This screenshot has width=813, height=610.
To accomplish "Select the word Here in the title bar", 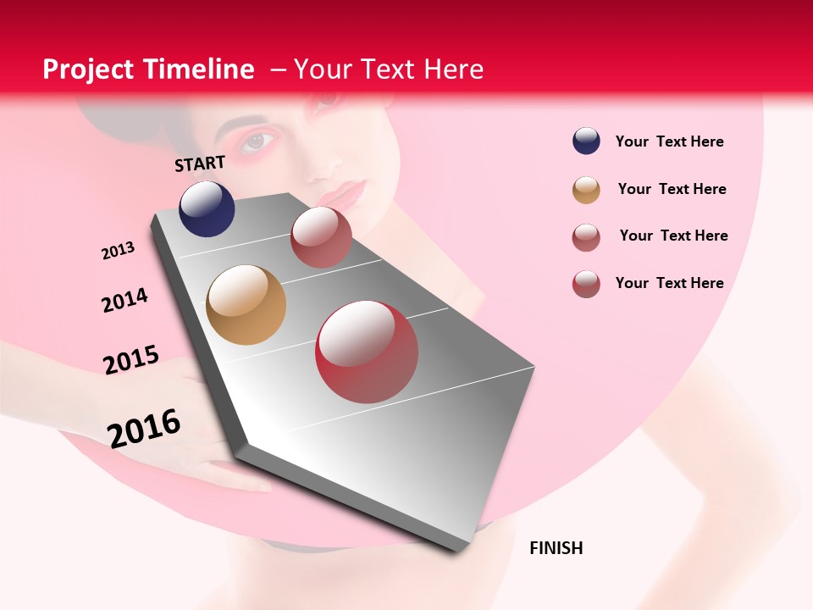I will point(453,69).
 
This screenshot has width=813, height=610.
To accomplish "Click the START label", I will point(200,164).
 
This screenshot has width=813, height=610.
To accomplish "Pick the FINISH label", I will point(556,548).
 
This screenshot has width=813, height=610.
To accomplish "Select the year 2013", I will point(118,251).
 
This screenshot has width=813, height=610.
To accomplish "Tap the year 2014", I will point(124,300).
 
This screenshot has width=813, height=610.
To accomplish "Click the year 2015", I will point(131,360).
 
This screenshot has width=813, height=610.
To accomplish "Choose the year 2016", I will point(144,428).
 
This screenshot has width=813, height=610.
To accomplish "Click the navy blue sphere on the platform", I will point(207,208).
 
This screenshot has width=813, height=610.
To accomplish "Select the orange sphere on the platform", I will point(246,305).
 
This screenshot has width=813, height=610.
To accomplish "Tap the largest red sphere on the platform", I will point(367,352).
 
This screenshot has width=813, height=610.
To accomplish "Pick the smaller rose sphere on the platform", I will point(321,237).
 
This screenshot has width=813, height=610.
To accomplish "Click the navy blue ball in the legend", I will point(586,141).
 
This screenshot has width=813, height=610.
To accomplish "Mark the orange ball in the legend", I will point(586,190).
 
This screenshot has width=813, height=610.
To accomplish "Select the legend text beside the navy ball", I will point(669,141).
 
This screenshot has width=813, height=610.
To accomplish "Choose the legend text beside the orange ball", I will point(672,189).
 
